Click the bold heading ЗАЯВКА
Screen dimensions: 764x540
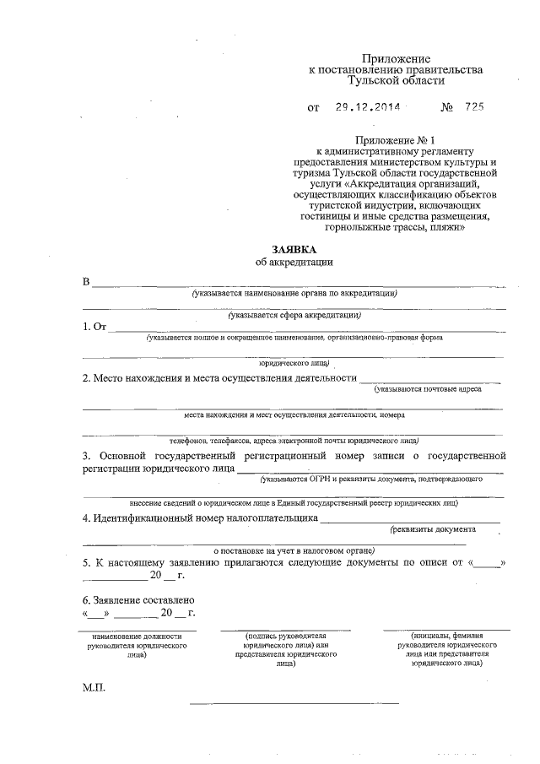pos(294,250)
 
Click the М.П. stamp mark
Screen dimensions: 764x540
pos(94,688)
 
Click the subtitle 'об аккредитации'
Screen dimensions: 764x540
pos(294,263)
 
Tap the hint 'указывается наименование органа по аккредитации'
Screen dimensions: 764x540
pos(294,293)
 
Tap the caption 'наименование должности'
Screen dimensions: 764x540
pos(138,636)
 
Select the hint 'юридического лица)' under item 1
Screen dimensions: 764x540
pos(294,362)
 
